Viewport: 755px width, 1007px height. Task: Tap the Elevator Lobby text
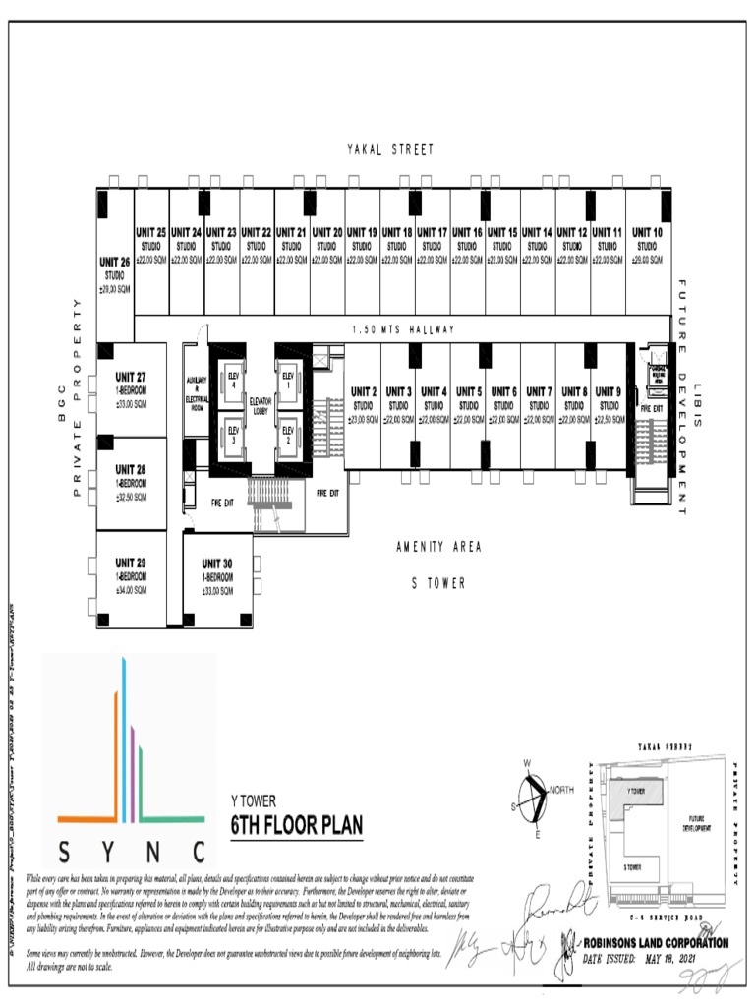tap(261, 404)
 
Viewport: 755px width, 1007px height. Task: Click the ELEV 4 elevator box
tap(233, 381)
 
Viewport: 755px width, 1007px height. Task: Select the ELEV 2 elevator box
tap(288, 433)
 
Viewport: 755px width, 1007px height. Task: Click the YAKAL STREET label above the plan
tap(390, 149)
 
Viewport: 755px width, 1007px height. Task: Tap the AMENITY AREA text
tap(438, 547)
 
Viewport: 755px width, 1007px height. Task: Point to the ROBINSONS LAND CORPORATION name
tap(656, 943)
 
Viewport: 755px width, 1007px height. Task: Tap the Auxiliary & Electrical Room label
tap(197, 390)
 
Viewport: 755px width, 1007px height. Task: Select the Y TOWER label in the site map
tap(636, 790)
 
